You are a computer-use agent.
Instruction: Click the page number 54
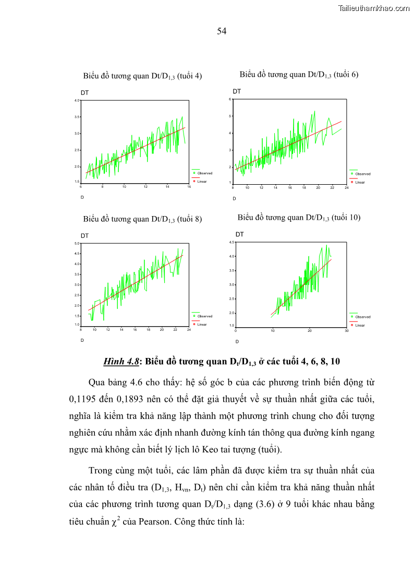click(222, 31)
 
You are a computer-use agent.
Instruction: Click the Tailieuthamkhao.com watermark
click(374, 8)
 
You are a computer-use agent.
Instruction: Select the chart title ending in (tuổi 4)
click(142, 76)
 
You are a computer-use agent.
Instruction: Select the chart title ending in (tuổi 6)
click(299, 75)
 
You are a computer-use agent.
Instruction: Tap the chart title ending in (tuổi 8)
click(142, 219)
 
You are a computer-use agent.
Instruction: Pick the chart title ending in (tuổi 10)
click(299, 218)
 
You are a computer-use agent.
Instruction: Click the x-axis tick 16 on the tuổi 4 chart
click(189, 186)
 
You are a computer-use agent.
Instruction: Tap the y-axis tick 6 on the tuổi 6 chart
click(230, 99)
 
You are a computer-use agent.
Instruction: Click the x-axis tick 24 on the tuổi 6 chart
click(346, 187)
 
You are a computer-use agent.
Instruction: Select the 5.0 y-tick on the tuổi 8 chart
click(76, 243)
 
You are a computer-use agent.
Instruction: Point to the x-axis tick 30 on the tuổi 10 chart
click(346, 330)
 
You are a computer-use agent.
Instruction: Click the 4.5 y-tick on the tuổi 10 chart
click(232, 242)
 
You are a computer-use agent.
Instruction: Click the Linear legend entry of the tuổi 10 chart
click(360, 325)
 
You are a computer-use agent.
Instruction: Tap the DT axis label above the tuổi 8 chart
click(84, 236)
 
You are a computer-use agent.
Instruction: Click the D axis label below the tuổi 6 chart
click(234, 198)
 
